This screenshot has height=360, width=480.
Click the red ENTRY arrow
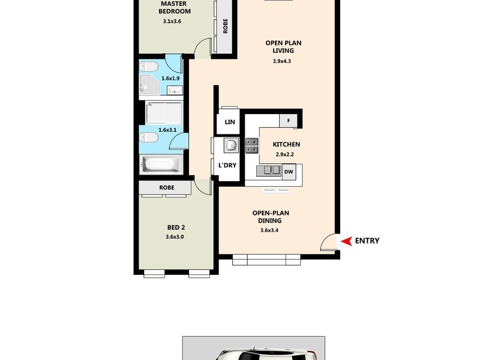(x=346, y=241)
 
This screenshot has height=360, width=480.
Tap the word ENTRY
(x=367, y=241)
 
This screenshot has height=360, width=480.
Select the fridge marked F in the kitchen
(x=289, y=121)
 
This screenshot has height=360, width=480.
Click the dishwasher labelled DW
(x=289, y=172)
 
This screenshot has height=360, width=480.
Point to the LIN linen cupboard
(x=230, y=122)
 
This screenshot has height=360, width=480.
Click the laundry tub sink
(x=230, y=144)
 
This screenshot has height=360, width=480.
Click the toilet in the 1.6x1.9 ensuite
(x=149, y=65)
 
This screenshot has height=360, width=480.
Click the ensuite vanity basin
(x=175, y=90)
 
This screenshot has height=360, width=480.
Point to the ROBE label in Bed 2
(x=167, y=188)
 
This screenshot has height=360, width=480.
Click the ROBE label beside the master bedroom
(x=225, y=27)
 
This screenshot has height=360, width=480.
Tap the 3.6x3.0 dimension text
(x=175, y=237)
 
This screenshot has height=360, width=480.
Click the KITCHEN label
(x=286, y=145)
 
